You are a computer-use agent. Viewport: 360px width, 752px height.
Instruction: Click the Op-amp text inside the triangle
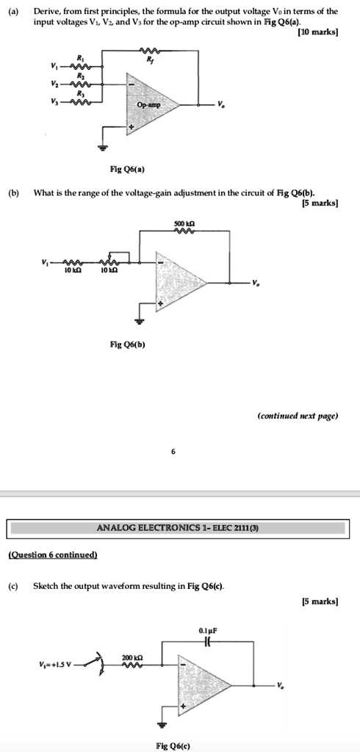click(149, 104)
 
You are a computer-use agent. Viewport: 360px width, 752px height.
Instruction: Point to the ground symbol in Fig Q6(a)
click(101, 147)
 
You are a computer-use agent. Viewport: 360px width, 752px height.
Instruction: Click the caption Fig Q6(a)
click(127, 170)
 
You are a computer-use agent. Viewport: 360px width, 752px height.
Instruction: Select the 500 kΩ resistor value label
click(184, 224)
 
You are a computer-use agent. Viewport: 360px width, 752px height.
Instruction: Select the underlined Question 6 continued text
click(54, 555)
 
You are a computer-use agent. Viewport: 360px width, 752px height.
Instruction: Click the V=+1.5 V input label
click(57, 664)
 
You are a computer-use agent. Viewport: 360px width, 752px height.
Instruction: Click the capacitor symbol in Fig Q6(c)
click(209, 642)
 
